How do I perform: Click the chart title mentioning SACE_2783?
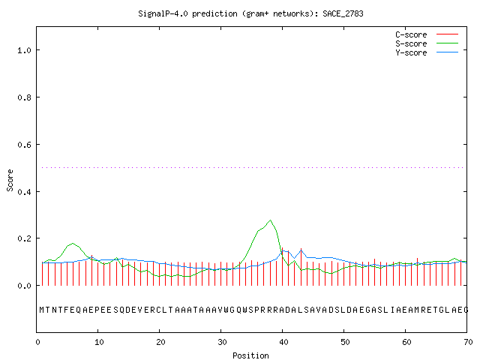(250, 13)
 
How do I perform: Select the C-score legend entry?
(427, 34)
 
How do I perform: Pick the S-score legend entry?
(427, 43)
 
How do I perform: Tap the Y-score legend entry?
(427, 52)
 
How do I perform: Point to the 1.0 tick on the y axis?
(25, 50)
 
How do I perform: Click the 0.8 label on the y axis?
(25, 97)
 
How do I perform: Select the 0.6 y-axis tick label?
(25, 145)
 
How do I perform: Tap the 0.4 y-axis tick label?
(25, 192)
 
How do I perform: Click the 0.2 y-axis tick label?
(25, 238)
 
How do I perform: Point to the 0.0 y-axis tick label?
(25, 286)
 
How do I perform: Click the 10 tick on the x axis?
(99, 342)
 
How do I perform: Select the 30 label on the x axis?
(222, 342)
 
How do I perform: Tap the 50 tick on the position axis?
(345, 342)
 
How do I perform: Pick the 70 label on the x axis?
(468, 342)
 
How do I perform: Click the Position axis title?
(250, 355)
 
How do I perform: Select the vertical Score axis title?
(10, 180)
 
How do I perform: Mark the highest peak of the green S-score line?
(270, 220)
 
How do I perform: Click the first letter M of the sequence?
(42, 310)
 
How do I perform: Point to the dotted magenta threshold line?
(253, 167)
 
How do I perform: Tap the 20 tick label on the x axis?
(160, 342)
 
